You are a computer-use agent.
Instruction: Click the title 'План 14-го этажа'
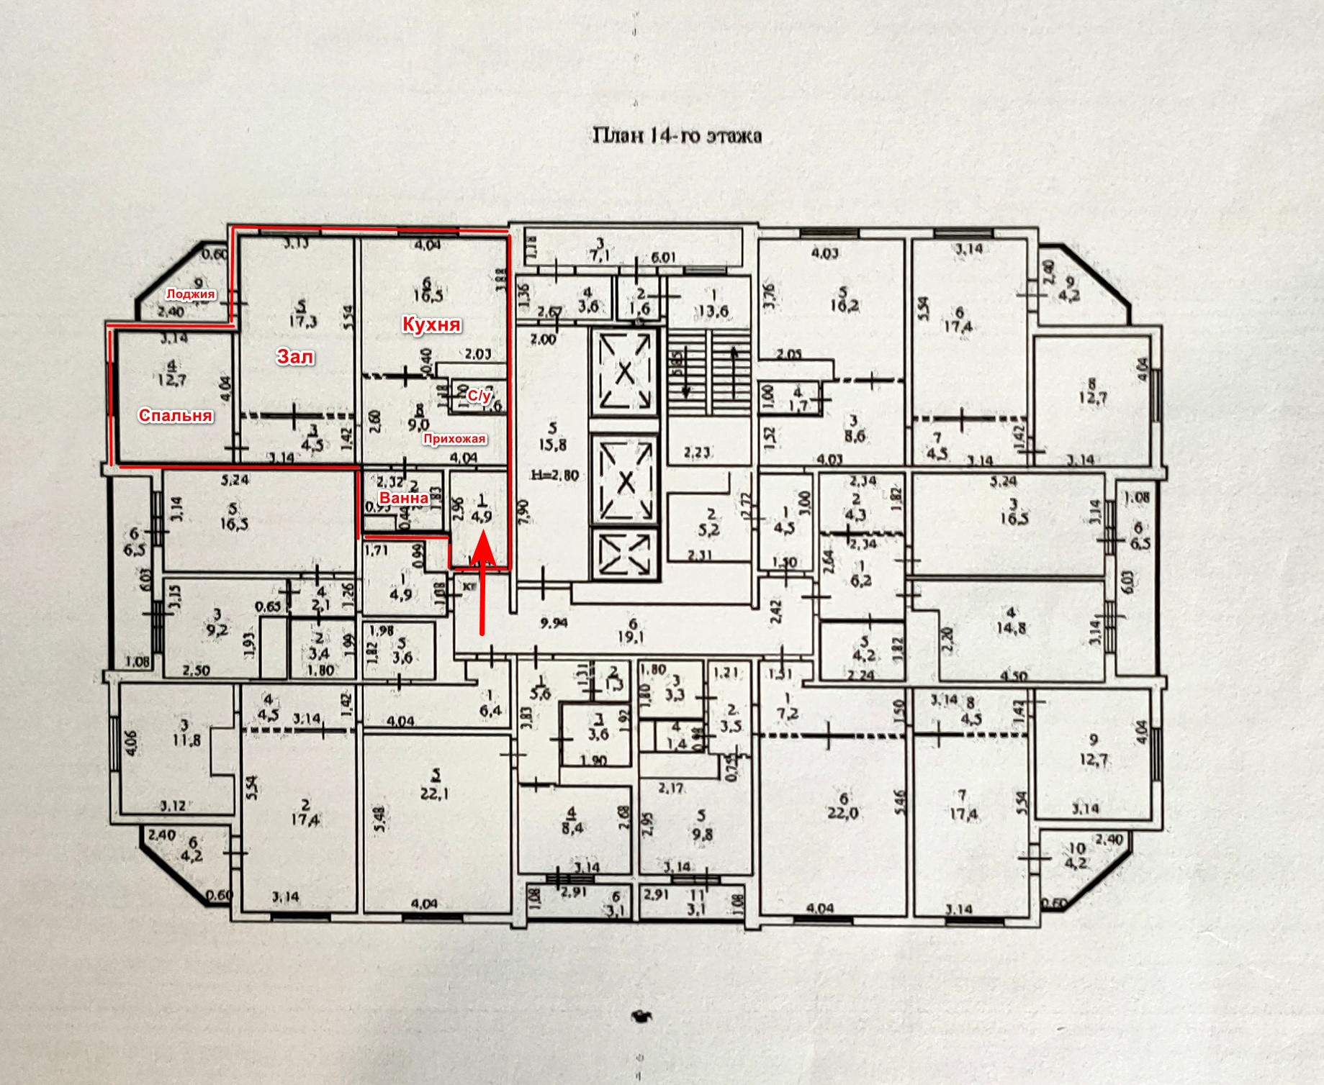(x=677, y=135)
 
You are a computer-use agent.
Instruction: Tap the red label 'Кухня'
(x=431, y=324)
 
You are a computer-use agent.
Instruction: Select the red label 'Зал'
(x=295, y=356)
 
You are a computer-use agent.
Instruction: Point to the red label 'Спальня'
(x=176, y=415)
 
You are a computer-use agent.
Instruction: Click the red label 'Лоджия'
(x=190, y=294)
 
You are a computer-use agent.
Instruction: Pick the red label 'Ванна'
(x=404, y=498)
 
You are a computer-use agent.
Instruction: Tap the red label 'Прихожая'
(x=454, y=439)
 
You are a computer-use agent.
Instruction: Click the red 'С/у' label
(x=479, y=396)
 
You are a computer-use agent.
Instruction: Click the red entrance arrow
(x=482, y=583)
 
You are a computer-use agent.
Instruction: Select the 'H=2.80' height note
(x=554, y=475)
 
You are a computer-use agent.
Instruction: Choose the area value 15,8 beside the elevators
(x=552, y=445)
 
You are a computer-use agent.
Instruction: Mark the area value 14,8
(x=1011, y=627)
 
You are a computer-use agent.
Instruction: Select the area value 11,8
(x=186, y=739)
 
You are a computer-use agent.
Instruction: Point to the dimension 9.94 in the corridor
(x=553, y=623)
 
